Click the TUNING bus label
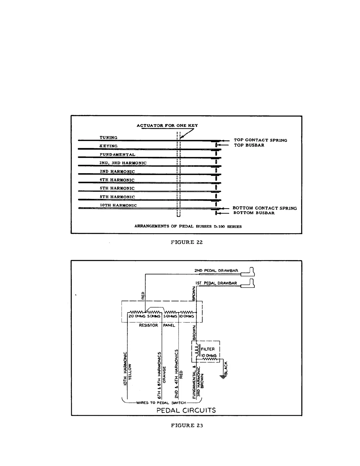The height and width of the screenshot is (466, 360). coord(108,137)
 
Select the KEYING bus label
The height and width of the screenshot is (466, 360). coord(109,146)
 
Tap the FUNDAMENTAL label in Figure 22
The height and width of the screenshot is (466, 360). coord(117,154)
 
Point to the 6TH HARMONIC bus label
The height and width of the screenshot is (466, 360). coord(117,188)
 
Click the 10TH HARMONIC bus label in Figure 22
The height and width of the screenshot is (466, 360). coord(118,205)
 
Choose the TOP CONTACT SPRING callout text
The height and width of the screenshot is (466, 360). coord(260,140)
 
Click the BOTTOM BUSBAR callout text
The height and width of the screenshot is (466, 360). coord(254,213)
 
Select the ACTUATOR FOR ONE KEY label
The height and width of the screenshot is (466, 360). coord(167,125)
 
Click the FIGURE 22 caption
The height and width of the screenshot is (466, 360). coord(187,242)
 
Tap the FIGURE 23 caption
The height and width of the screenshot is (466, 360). coord(187,425)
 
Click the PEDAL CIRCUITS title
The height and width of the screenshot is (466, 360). coord(186,410)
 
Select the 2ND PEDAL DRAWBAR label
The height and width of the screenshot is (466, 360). coord(216,271)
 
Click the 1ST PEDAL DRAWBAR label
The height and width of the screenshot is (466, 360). coord(216,283)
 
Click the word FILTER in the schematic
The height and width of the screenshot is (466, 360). coord(208,349)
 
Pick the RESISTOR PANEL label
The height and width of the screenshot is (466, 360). coord(157,325)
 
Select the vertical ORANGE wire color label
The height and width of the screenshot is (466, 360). coord(164,375)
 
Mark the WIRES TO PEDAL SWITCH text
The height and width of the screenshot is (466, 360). coord(161,403)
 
